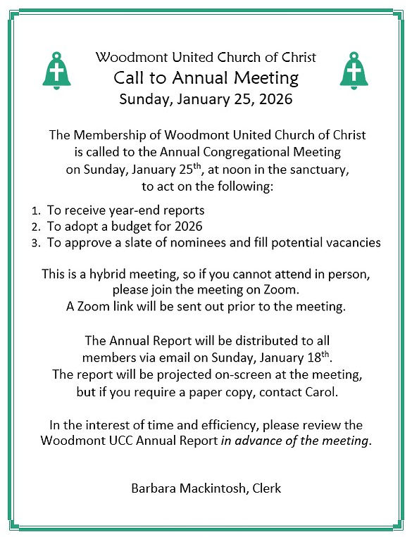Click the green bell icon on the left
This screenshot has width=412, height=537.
click(x=57, y=70)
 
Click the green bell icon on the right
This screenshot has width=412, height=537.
click(x=354, y=70)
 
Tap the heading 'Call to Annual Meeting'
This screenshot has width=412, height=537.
click(x=206, y=77)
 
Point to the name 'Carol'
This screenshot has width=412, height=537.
click(x=323, y=392)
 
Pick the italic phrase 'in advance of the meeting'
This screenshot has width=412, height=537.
click(x=295, y=441)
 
